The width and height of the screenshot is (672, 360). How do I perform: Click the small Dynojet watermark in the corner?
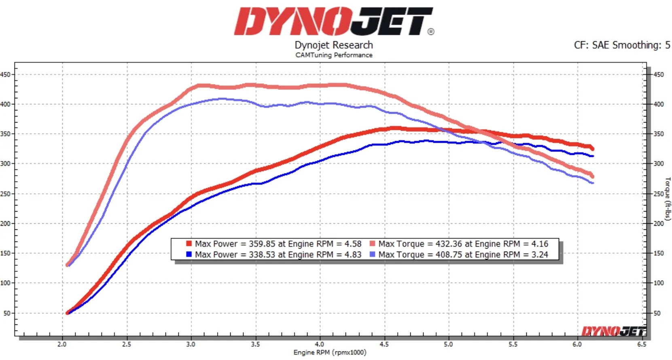pos(613,331)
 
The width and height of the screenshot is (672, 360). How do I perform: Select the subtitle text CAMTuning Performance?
pos(334,55)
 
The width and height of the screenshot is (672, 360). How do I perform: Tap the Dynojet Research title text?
pos(334,45)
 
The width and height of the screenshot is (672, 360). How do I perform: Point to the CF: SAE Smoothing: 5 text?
pos(622,45)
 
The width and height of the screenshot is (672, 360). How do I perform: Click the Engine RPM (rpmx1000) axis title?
pos(330,352)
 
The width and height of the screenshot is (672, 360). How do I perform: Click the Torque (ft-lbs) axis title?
pos(667,199)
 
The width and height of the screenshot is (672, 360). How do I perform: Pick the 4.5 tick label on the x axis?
pos(384,344)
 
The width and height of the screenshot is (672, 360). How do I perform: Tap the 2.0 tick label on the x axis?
pos(62,344)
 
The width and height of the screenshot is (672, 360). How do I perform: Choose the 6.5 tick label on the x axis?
pos(641,344)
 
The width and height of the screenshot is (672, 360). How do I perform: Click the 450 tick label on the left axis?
pos(5,74)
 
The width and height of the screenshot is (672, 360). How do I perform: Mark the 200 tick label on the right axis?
pos(659,223)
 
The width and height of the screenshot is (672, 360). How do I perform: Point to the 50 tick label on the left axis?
pos(7,313)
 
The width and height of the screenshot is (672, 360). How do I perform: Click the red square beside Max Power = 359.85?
pos(189,244)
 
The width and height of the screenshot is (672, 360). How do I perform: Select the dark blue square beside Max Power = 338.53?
pos(189,254)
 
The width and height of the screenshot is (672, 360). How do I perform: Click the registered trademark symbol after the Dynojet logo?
pos(431,32)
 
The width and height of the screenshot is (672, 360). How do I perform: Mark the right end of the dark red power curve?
pos(592,148)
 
